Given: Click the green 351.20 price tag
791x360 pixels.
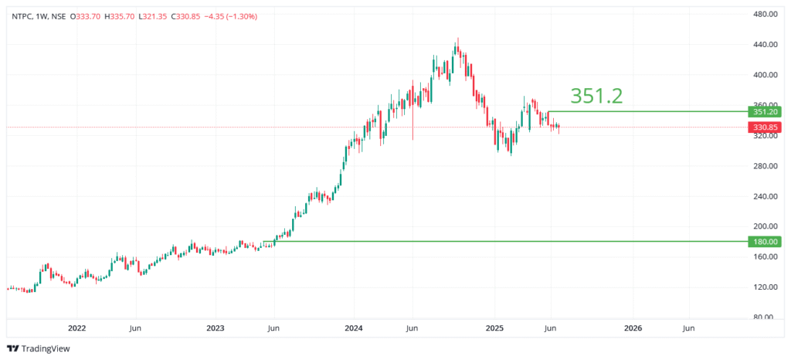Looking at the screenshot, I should pyautogui.click(x=765, y=111).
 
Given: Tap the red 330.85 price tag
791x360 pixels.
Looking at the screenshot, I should pyautogui.click(x=765, y=127).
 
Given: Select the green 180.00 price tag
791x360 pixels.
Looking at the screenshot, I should pyautogui.click(x=765, y=242).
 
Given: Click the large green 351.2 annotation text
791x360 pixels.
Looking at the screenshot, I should pyautogui.click(x=596, y=95).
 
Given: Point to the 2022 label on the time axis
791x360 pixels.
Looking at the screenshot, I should pyautogui.click(x=76, y=328).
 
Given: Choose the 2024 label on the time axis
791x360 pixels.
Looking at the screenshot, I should pyautogui.click(x=354, y=328).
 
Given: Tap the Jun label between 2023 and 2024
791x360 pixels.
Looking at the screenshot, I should pyautogui.click(x=273, y=328).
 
